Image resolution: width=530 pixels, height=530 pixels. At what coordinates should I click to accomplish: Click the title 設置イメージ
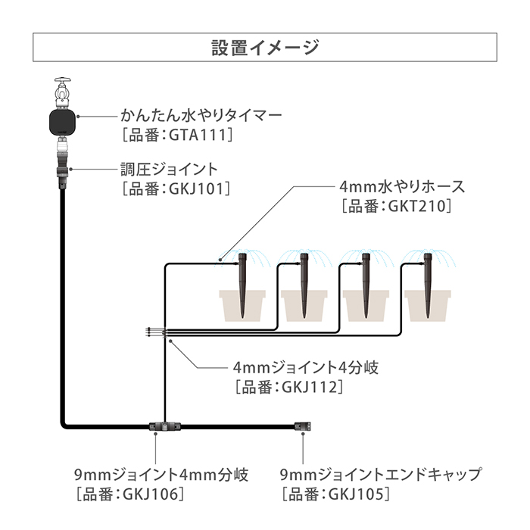tap(265, 47)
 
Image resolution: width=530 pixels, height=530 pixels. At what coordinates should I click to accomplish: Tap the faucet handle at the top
tap(63, 81)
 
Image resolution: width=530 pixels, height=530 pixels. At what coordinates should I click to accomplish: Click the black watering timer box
tap(63, 122)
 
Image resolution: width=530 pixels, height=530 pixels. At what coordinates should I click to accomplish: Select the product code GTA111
tap(197, 136)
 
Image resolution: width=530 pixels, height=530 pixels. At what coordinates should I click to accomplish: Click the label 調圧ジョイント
tap(169, 170)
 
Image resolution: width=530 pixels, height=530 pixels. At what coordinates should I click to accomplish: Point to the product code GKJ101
tap(196, 189)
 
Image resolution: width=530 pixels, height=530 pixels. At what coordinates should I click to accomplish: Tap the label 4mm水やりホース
tap(402, 186)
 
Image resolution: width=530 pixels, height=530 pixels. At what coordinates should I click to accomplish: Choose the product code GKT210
tap(416, 206)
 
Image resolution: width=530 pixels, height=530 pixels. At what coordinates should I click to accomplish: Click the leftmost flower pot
tap(242, 306)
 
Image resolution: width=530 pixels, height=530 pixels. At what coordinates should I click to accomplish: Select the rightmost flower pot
tap(428, 306)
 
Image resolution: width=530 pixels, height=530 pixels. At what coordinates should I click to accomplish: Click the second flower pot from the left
tap(304, 306)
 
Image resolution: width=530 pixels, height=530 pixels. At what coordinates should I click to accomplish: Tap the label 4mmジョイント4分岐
tap(306, 367)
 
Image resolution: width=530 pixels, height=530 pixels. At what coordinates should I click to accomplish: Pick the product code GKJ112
tap(310, 388)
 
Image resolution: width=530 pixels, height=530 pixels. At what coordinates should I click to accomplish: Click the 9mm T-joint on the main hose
tap(165, 426)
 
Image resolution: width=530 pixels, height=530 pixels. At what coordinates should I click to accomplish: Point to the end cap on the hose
tap(303, 426)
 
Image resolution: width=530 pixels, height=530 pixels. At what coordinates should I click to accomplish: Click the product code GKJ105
tap(357, 494)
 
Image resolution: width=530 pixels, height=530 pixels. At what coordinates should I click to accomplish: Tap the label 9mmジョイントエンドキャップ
tap(381, 475)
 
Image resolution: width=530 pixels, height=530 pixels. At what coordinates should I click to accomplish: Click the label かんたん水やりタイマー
tap(201, 116)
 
